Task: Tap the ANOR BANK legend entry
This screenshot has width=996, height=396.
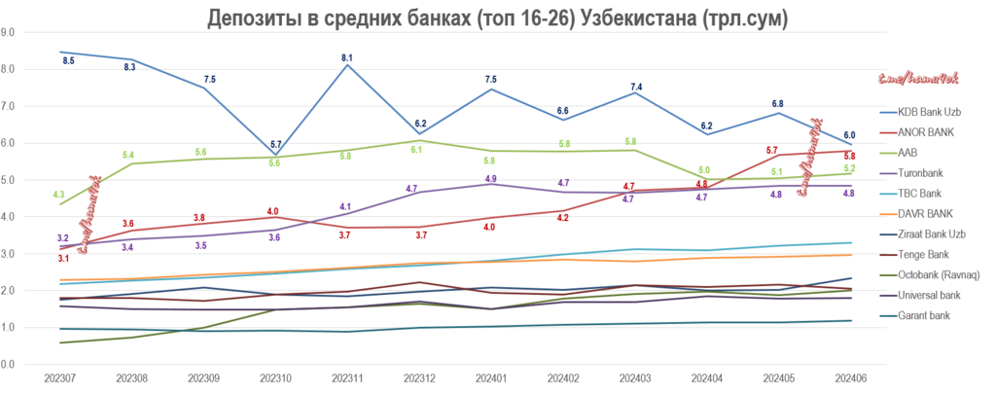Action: click(927, 131)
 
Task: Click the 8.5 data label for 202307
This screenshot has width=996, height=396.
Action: click(68, 60)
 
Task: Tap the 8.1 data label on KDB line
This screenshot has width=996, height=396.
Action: click(347, 58)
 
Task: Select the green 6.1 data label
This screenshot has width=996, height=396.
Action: click(417, 150)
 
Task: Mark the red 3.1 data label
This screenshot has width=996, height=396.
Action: click(62, 258)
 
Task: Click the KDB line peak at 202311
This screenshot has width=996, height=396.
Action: click(346, 65)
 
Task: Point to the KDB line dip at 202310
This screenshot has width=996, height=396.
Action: click(274, 154)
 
